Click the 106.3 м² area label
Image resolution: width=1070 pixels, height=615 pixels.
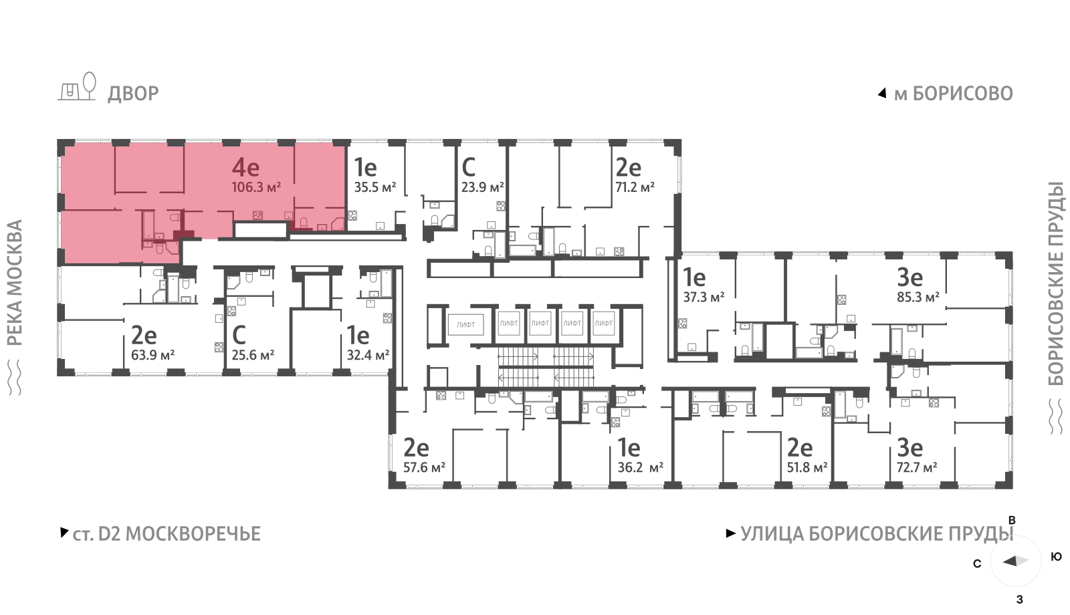(x=256, y=187)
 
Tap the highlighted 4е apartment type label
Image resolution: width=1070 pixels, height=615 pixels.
(x=245, y=167)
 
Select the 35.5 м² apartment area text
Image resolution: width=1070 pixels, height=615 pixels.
(x=375, y=187)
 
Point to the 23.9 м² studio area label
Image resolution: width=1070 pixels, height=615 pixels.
(x=482, y=187)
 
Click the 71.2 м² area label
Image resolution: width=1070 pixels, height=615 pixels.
(x=635, y=187)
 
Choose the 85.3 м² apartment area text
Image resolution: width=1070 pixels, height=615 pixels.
(x=918, y=297)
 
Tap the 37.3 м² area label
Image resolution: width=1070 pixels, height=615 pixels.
(x=704, y=297)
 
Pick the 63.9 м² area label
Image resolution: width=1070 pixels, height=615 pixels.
(x=152, y=355)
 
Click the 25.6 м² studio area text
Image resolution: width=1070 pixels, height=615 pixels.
(x=253, y=355)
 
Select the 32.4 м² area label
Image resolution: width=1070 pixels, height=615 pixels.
(x=368, y=355)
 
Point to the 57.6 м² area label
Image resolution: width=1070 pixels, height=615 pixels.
(x=424, y=467)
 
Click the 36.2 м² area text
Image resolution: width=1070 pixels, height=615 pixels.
(x=640, y=467)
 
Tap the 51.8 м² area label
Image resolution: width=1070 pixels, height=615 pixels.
(x=807, y=467)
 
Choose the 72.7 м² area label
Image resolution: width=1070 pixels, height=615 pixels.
(x=917, y=467)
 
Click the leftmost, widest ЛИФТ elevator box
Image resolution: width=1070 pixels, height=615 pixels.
(x=465, y=325)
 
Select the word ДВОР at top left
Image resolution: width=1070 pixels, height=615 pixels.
(x=133, y=94)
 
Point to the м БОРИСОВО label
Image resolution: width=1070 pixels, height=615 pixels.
(x=954, y=94)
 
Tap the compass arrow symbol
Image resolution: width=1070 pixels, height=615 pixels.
(x=1016, y=561)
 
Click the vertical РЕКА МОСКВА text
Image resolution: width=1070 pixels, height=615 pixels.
(x=15, y=283)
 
